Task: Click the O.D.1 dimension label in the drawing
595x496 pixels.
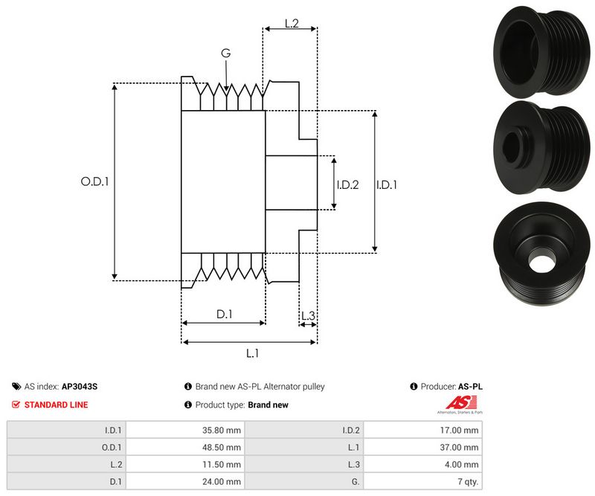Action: coord(94,181)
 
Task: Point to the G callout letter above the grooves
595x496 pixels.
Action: coord(225,53)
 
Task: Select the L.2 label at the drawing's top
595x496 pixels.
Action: coord(291,24)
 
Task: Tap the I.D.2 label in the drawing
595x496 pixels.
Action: coord(347,184)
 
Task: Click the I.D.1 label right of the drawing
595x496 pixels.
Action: coord(386,184)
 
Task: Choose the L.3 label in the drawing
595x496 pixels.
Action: coord(308,316)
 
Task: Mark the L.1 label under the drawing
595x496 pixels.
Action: coord(251,353)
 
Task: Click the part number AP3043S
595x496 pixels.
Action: coord(80,387)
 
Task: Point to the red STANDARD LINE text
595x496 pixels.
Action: coord(56,405)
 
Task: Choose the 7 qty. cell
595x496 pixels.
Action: coord(467,481)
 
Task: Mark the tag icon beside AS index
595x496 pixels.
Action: coord(16,387)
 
